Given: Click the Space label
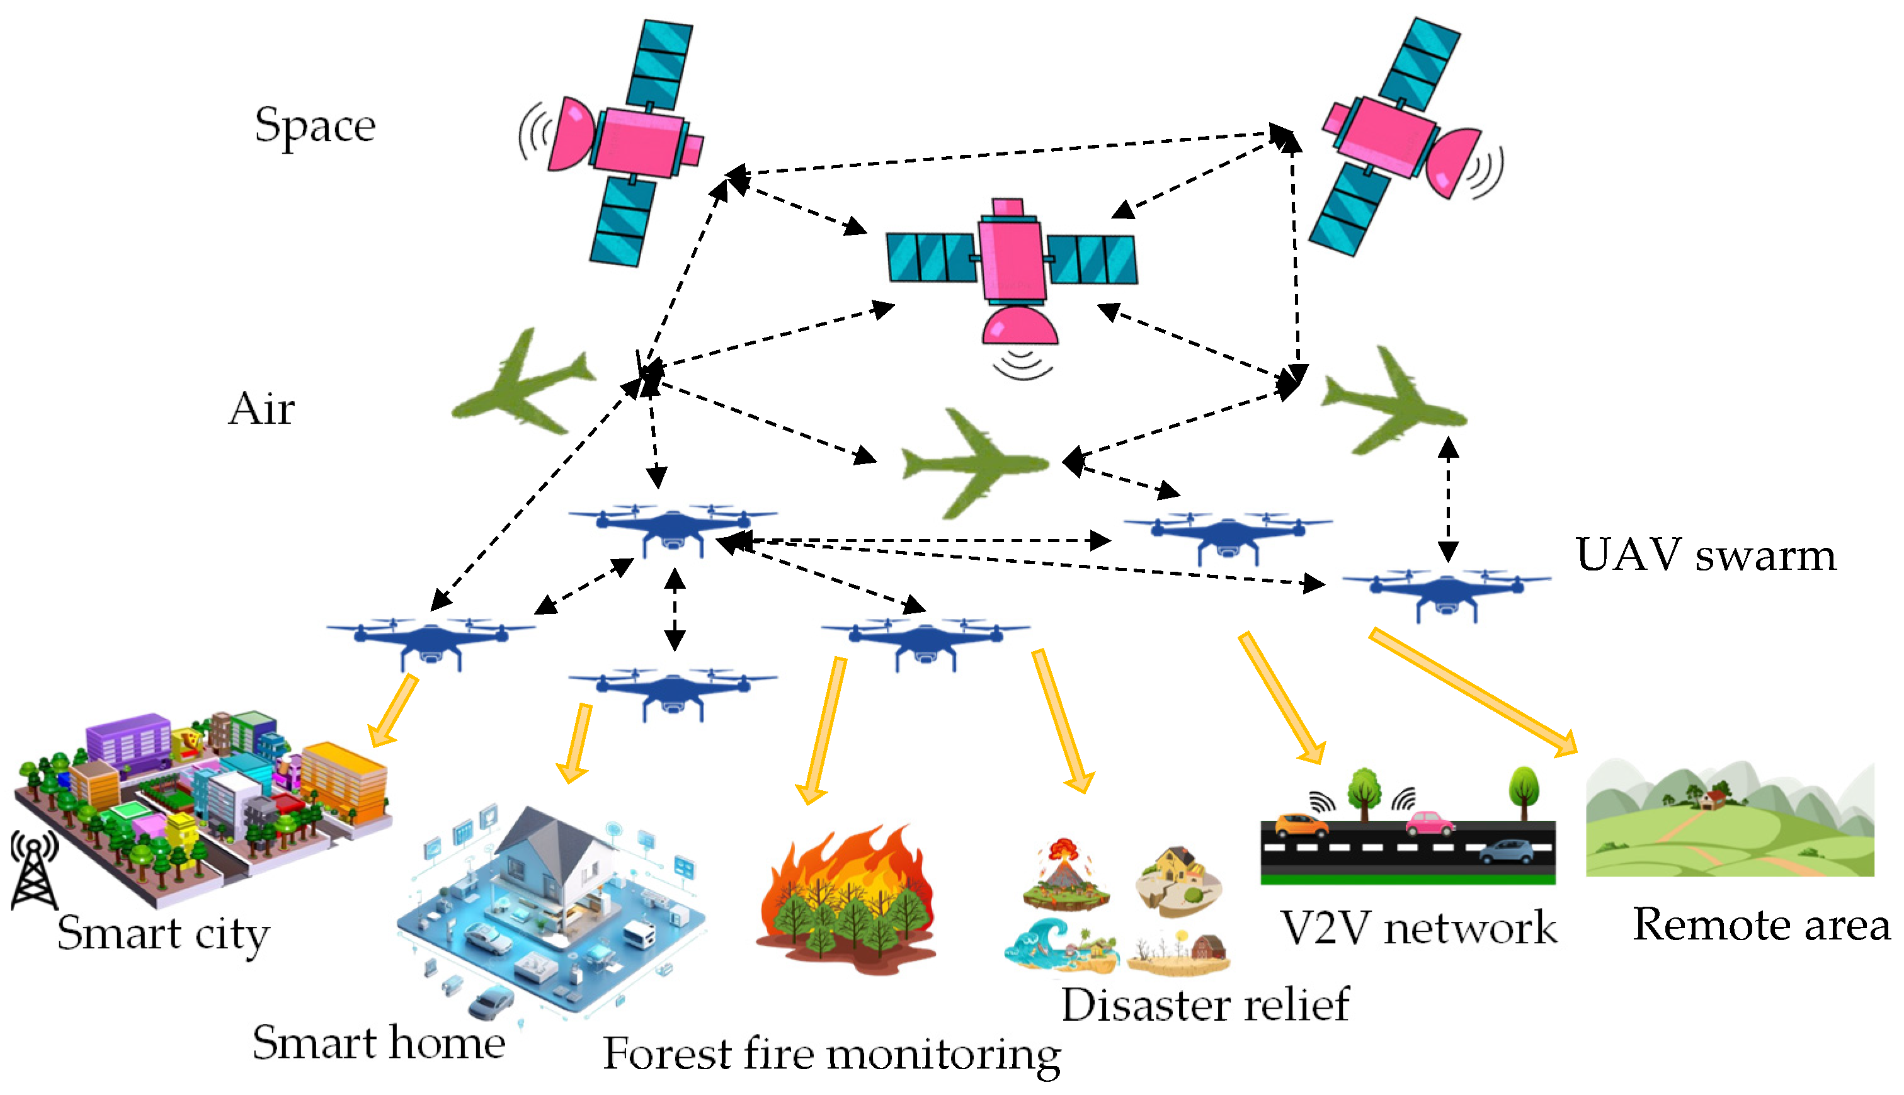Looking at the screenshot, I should [x=314, y=125].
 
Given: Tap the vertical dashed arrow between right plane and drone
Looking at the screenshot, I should [x=1448, y=500].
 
